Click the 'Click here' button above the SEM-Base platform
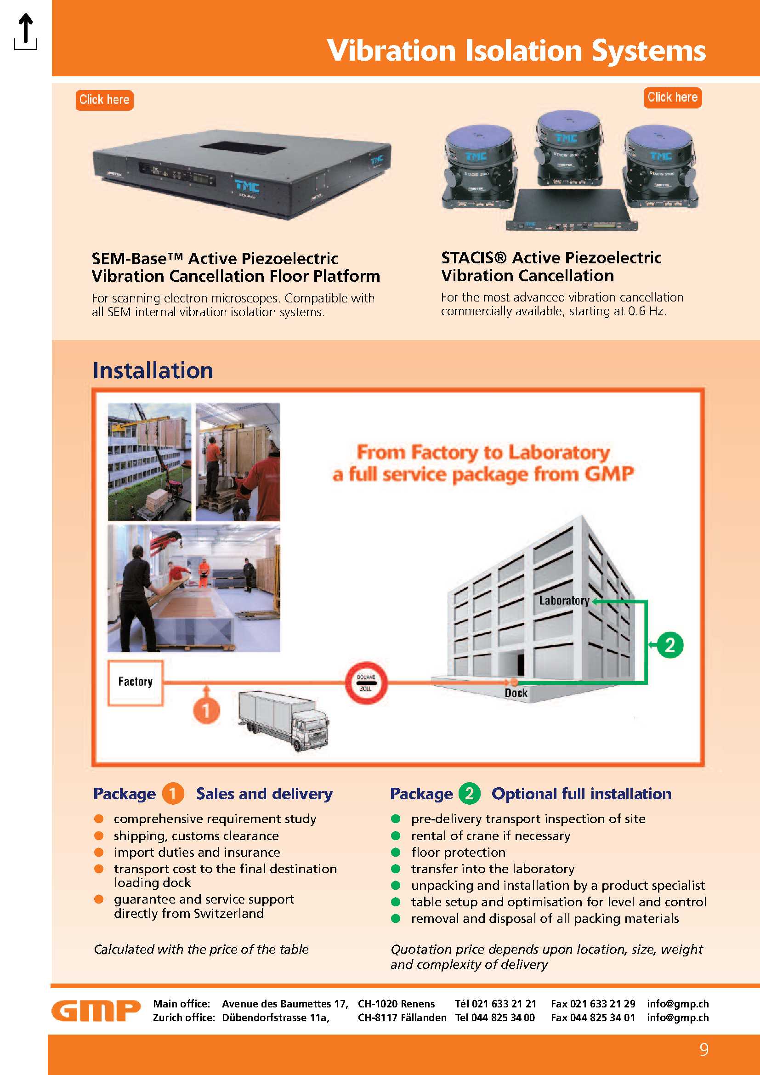coord(104,100)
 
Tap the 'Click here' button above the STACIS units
coord(672,97)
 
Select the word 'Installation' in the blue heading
coord(153,370)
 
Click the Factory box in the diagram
coord(135,682)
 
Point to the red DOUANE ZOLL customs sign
coord(366,683)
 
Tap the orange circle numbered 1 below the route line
coord(206,711)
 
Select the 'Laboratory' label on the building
coord(563,600)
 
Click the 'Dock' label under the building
coord(516,693)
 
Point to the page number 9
coord(703,1049)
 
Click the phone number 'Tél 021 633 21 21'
coord(495,1003)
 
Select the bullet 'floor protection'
coord(458,852)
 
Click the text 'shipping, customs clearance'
coord(196,836)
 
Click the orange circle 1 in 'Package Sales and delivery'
coord(173,794)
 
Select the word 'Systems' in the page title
coord(648,51)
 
